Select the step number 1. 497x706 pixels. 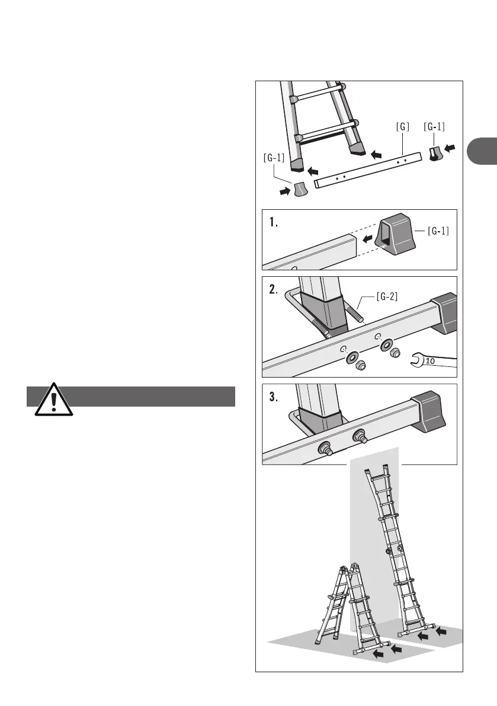coord(273,223)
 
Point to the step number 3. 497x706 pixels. coord(273,398)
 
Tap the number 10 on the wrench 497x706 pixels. coord(431,359)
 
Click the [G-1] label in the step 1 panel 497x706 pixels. coord(438,231)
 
